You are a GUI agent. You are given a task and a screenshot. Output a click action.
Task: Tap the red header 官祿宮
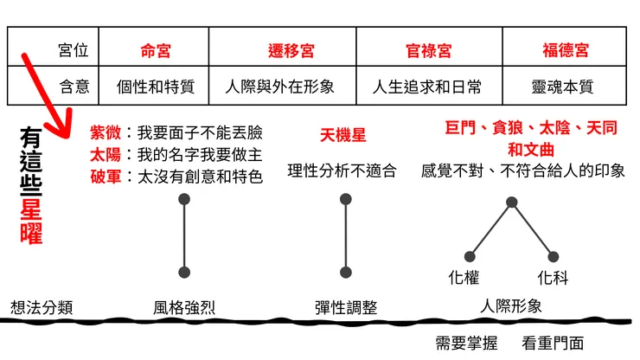tap(428, 51)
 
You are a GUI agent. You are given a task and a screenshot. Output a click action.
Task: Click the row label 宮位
tap(74, 51)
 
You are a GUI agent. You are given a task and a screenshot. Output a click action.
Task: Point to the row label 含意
tap(74, 87)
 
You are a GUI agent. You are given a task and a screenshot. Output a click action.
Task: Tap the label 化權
tap(464, 279)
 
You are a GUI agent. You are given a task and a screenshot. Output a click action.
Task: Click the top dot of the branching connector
tap(512, 202)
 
